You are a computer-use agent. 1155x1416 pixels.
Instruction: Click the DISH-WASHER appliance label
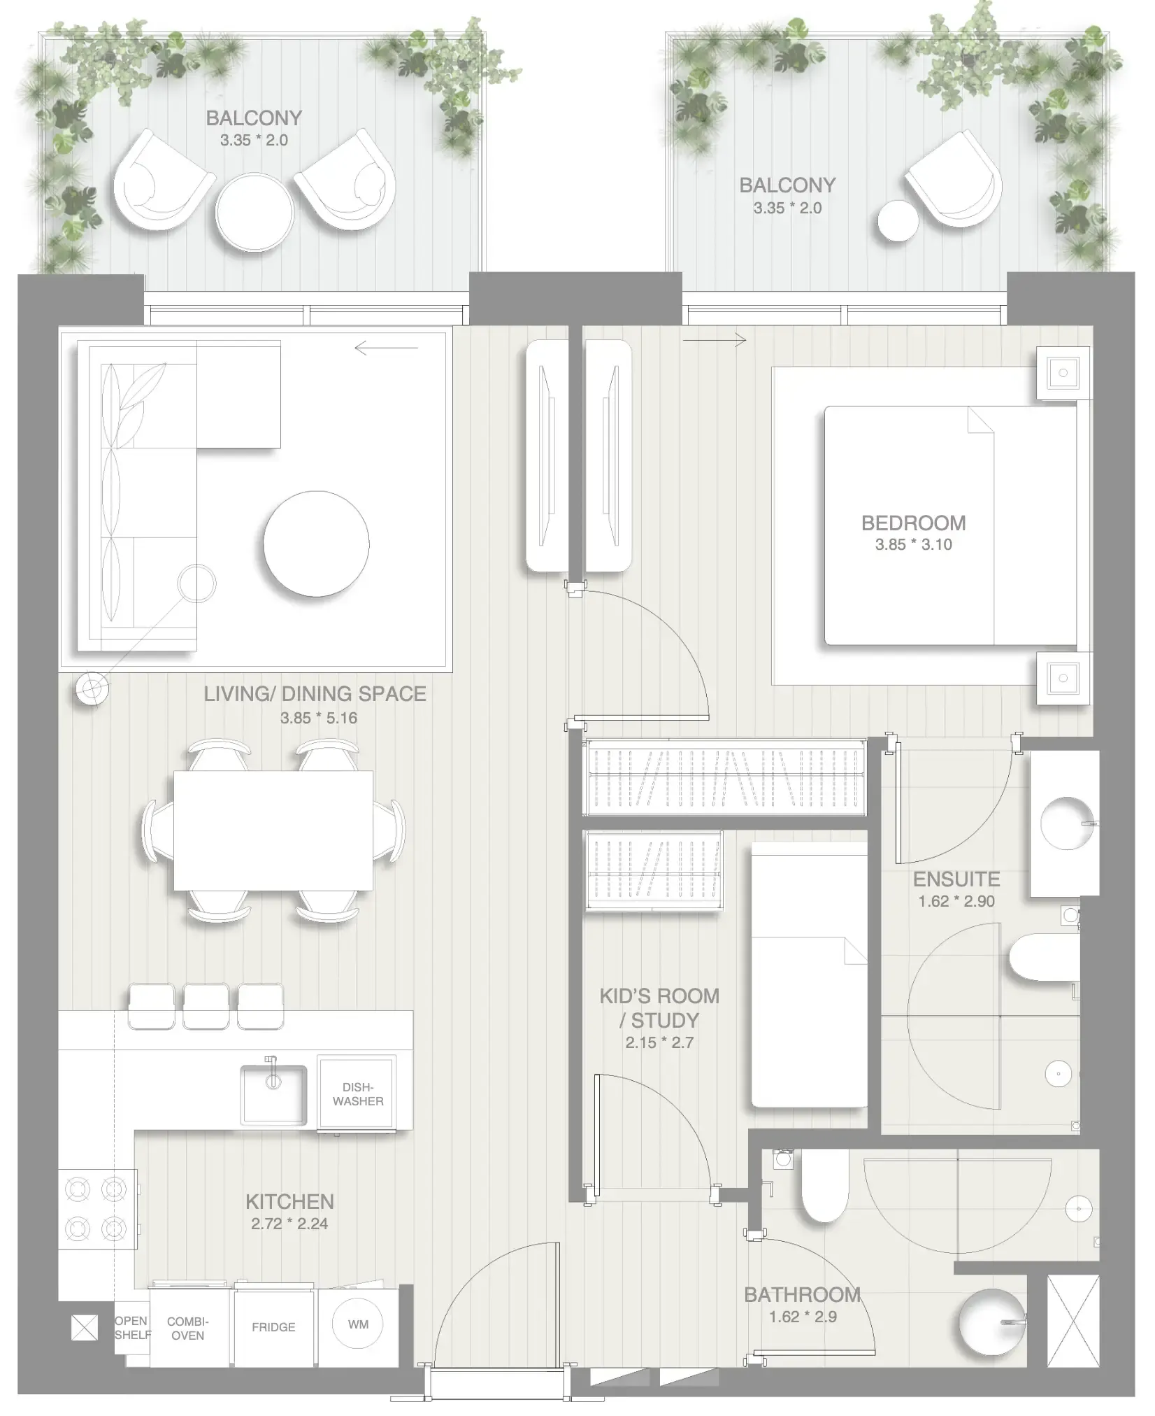pos(357,1093)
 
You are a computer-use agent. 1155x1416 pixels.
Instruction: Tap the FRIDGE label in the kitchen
pos(273,1326)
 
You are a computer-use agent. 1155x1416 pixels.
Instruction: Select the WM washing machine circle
pos(358,1324)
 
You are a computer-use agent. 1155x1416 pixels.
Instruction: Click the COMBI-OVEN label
pos(187,1328)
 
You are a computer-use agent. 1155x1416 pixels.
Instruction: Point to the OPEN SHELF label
pos(132,1327)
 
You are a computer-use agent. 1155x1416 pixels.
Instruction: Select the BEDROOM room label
pos(913,523)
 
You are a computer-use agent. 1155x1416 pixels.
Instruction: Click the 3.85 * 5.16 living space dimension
pos(318,718)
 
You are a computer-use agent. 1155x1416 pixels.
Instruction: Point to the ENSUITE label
pos(956,879)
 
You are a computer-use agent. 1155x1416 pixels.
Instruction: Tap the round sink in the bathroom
pos(991,1322)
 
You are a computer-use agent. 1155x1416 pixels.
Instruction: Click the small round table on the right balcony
pos(897,221)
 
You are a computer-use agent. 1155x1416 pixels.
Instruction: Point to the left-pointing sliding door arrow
pos(385,348)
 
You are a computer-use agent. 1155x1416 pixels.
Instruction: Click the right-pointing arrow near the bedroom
pos(714,341)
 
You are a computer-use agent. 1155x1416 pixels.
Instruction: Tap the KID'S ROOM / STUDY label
pos(659,1007)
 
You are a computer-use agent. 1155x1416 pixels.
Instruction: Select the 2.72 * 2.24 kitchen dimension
pos(289,1224)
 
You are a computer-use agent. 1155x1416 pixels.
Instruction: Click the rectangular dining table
pos(273,830)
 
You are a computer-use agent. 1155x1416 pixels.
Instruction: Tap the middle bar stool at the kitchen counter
pos(206,1006)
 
